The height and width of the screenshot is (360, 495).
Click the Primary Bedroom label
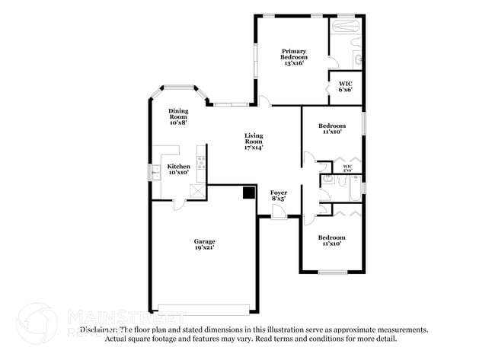pyautogui.click(x=293, y=54)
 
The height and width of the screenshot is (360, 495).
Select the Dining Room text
pyautogui.click(x=178, y=116)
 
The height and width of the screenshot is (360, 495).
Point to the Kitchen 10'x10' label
pyautogui.click(x=178, y=169)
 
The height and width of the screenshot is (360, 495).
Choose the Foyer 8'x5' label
pyautogui.click(x=279, y=196)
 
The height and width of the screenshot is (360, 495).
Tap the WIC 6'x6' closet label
pyautogui.click(x=345, y=86)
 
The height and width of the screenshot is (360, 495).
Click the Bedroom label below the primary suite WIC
pyautogui.click(x=331, y=129)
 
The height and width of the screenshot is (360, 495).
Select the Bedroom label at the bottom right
pyautogui.click(x=331, y=240)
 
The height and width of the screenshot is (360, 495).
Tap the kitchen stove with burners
pyautogui.click(x=201, y=161)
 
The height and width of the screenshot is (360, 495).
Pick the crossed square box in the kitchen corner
pyautogui.click(x=198, y=190)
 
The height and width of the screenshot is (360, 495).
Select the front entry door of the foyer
pyautogui.click(x=279, y=215)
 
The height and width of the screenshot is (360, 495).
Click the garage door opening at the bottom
pyautogui.click(x=203, y=309)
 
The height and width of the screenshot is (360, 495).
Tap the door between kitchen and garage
pyautogui.click(x=177, y=203)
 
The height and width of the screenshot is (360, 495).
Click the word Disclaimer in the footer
pyautogui.click(x=98, y=330)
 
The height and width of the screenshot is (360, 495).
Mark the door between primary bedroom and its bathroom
pyautogui.click(x=328, y=65)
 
